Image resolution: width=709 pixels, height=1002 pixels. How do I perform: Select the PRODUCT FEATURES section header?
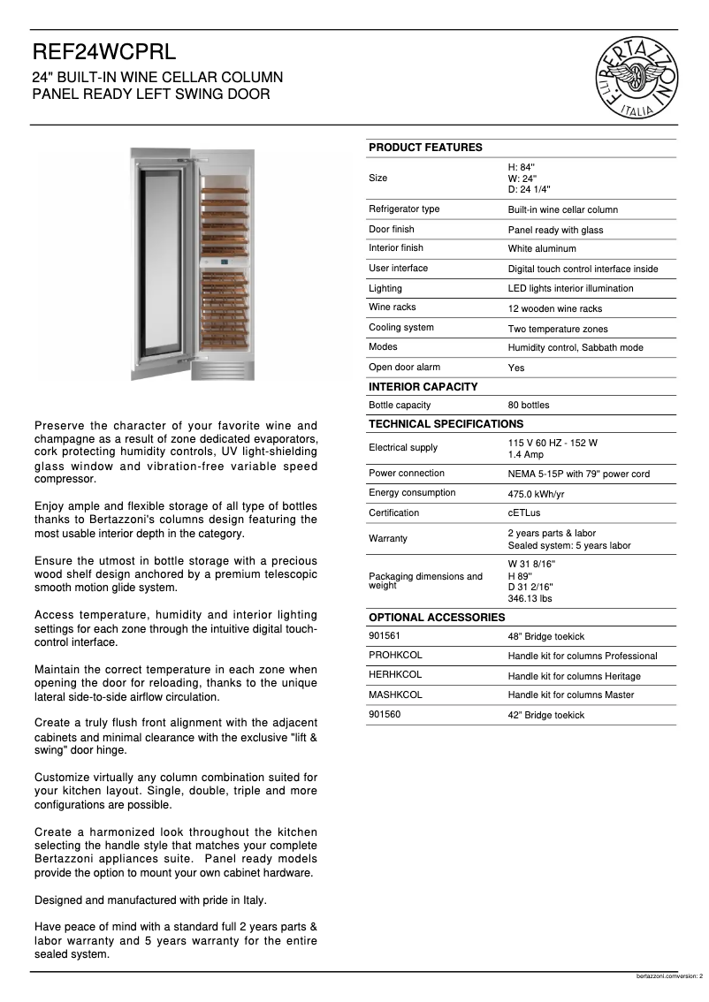(425, 148)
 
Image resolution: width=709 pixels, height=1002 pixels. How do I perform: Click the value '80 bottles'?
(528, 406)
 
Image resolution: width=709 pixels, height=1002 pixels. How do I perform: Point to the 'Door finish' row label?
(391, 229)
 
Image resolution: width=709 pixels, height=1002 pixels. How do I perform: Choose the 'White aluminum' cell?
(541, 249)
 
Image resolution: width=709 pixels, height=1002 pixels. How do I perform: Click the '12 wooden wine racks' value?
(554, 309)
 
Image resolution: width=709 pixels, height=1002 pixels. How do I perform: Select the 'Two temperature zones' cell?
(557, 329)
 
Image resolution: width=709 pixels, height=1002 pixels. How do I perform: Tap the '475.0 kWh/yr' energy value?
(536, 494)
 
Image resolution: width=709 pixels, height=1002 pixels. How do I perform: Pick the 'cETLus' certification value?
(525, 513)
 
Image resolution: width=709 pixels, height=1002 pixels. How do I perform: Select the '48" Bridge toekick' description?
(545, 637)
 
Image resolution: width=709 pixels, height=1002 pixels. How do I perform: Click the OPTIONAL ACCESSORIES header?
(436, 617)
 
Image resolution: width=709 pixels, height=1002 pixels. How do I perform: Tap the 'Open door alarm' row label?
(404, 368)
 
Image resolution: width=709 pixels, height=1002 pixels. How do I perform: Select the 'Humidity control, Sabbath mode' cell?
(575, 348)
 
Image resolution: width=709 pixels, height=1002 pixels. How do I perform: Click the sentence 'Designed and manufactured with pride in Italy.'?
(150, 900)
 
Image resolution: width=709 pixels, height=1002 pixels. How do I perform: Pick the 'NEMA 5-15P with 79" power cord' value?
(578, 474)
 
